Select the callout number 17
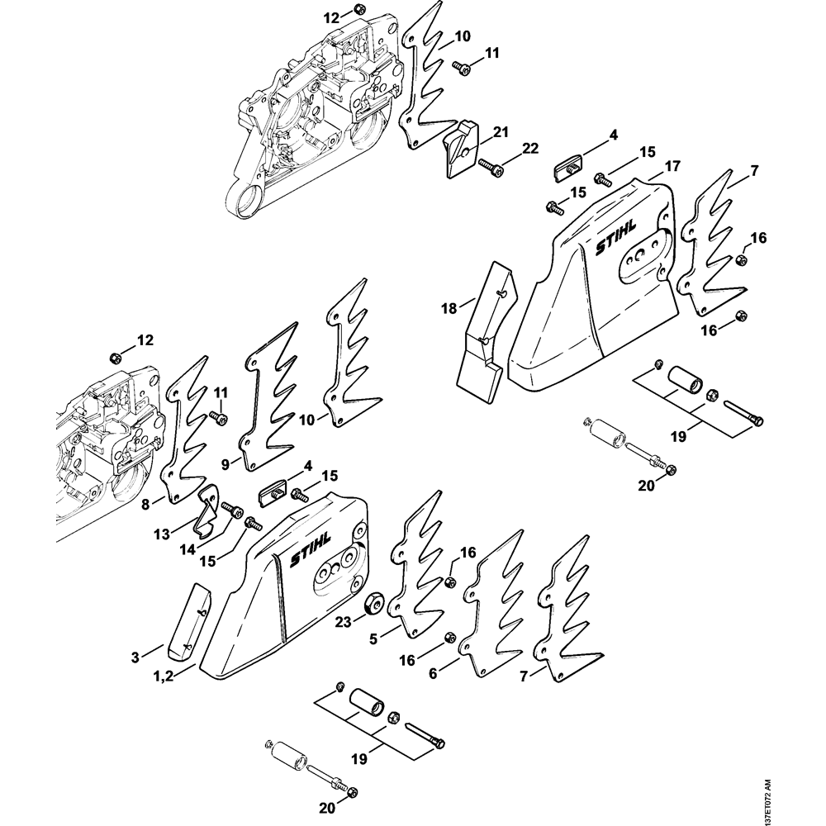672,167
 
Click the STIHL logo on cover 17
616,238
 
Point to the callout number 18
449,307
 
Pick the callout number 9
225,464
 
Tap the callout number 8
145,505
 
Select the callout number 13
162,534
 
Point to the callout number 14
187,549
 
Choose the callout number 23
343,622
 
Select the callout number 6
433,673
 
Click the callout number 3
135,657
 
